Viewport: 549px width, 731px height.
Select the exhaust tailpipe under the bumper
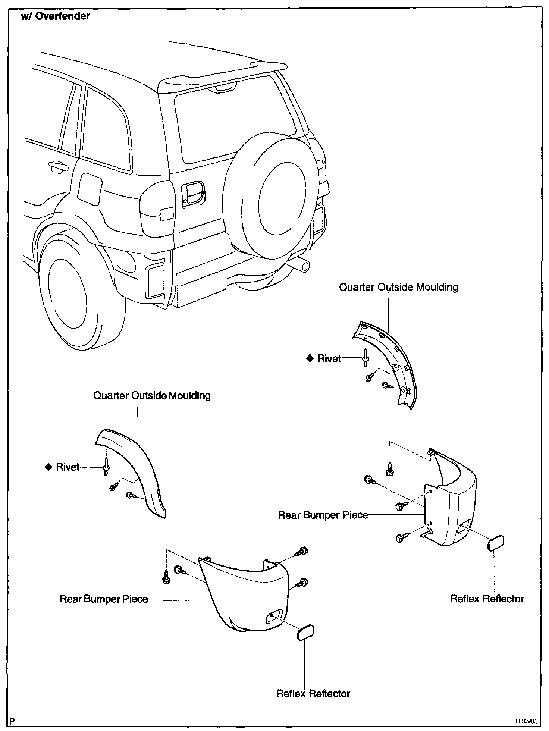coord(302,266)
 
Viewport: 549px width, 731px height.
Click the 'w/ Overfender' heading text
coord(55,16)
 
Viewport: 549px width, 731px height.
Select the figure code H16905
coord(527,721)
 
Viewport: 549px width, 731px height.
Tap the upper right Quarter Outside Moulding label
coord(398,287)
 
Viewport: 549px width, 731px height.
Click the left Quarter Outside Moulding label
coord(152,395)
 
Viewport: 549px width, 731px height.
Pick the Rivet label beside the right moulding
coord(329,358)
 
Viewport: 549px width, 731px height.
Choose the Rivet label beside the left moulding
coord(68,467)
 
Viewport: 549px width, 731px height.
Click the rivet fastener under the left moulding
coord(106,468)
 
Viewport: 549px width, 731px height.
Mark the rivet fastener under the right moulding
coord(366,358)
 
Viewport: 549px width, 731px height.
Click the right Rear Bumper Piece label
coord(323,515)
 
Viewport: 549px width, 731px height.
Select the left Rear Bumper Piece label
coord(104,599)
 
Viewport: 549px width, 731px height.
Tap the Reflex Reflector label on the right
coord(487,599)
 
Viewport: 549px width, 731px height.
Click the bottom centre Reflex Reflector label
coord(313,694)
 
